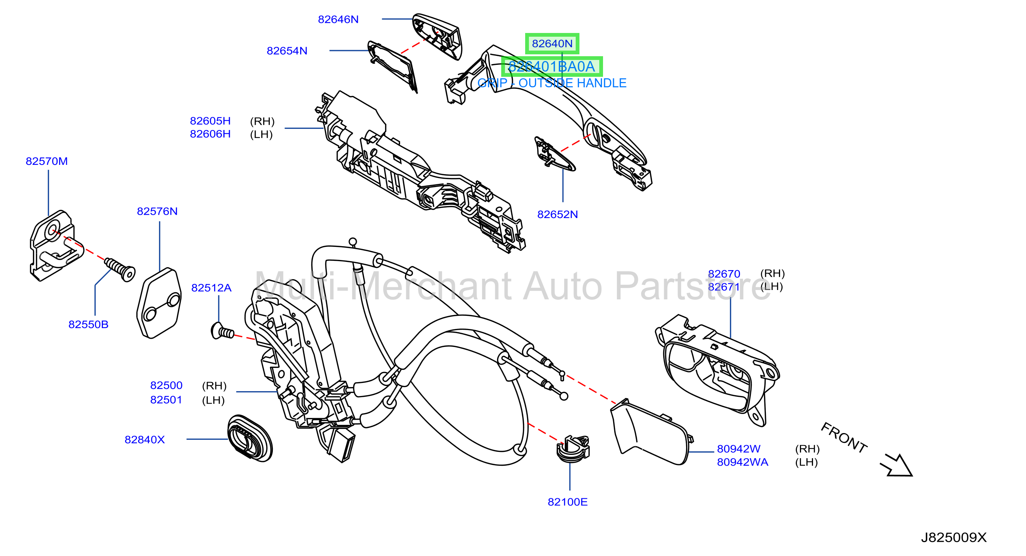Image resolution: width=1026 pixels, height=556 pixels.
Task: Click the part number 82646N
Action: tap(338, 19)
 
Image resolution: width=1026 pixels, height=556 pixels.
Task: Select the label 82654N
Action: tap(287, 51)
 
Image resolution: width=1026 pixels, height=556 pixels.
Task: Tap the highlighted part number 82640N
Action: tap(552, 43)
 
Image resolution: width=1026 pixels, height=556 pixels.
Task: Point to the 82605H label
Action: tap(210, 121)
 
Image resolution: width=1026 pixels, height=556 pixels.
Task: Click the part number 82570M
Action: tap(46, 161)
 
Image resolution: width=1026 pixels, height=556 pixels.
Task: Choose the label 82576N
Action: tap(157, 211)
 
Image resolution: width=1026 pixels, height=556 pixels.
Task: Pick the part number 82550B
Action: tap(88, 324)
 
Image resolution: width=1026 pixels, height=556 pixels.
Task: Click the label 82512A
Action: tap(211, 288)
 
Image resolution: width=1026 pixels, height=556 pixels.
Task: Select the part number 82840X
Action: tap(144, 439)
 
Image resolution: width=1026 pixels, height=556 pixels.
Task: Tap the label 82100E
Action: tap(567, 502)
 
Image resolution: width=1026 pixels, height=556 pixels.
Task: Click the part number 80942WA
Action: tap(742, 462)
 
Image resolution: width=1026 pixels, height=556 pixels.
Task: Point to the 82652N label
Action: tap(557, 214)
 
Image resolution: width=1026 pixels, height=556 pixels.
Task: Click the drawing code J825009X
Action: tap(953, 538)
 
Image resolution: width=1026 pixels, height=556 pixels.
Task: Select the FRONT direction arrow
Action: tap(896, 465)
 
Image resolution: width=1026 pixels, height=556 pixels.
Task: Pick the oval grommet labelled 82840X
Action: tap(250, 438)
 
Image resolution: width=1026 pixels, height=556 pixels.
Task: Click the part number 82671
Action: tap(724, 287)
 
